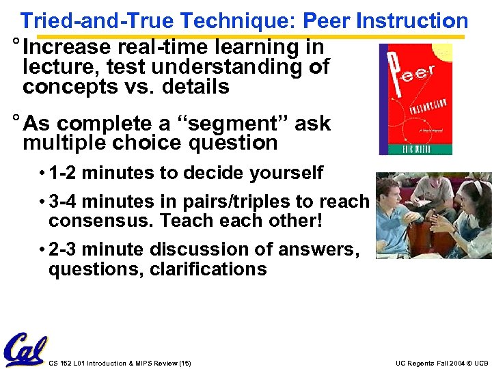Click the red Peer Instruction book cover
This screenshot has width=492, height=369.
pyautogui.click(x=415, y=99)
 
